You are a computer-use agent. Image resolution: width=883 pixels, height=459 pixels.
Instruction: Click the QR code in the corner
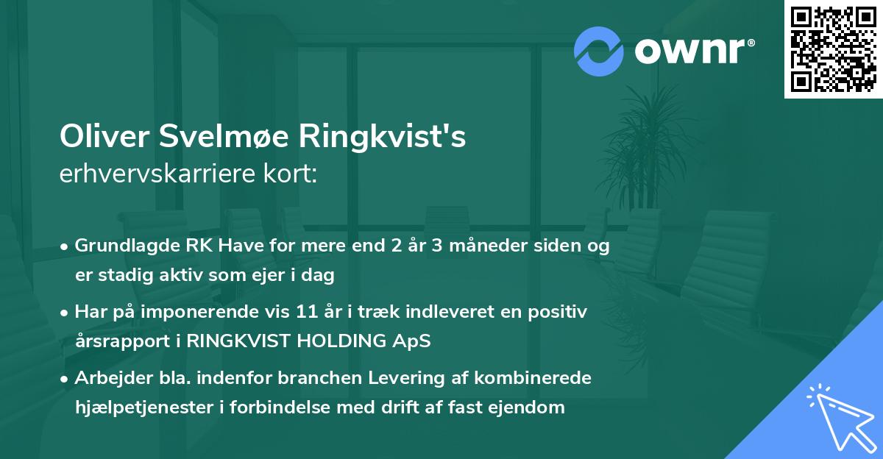pos(833,49)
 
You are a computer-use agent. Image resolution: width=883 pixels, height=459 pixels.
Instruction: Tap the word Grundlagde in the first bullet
pos(118,246)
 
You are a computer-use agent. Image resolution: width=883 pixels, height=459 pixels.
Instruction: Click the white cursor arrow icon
pos(838,415)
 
